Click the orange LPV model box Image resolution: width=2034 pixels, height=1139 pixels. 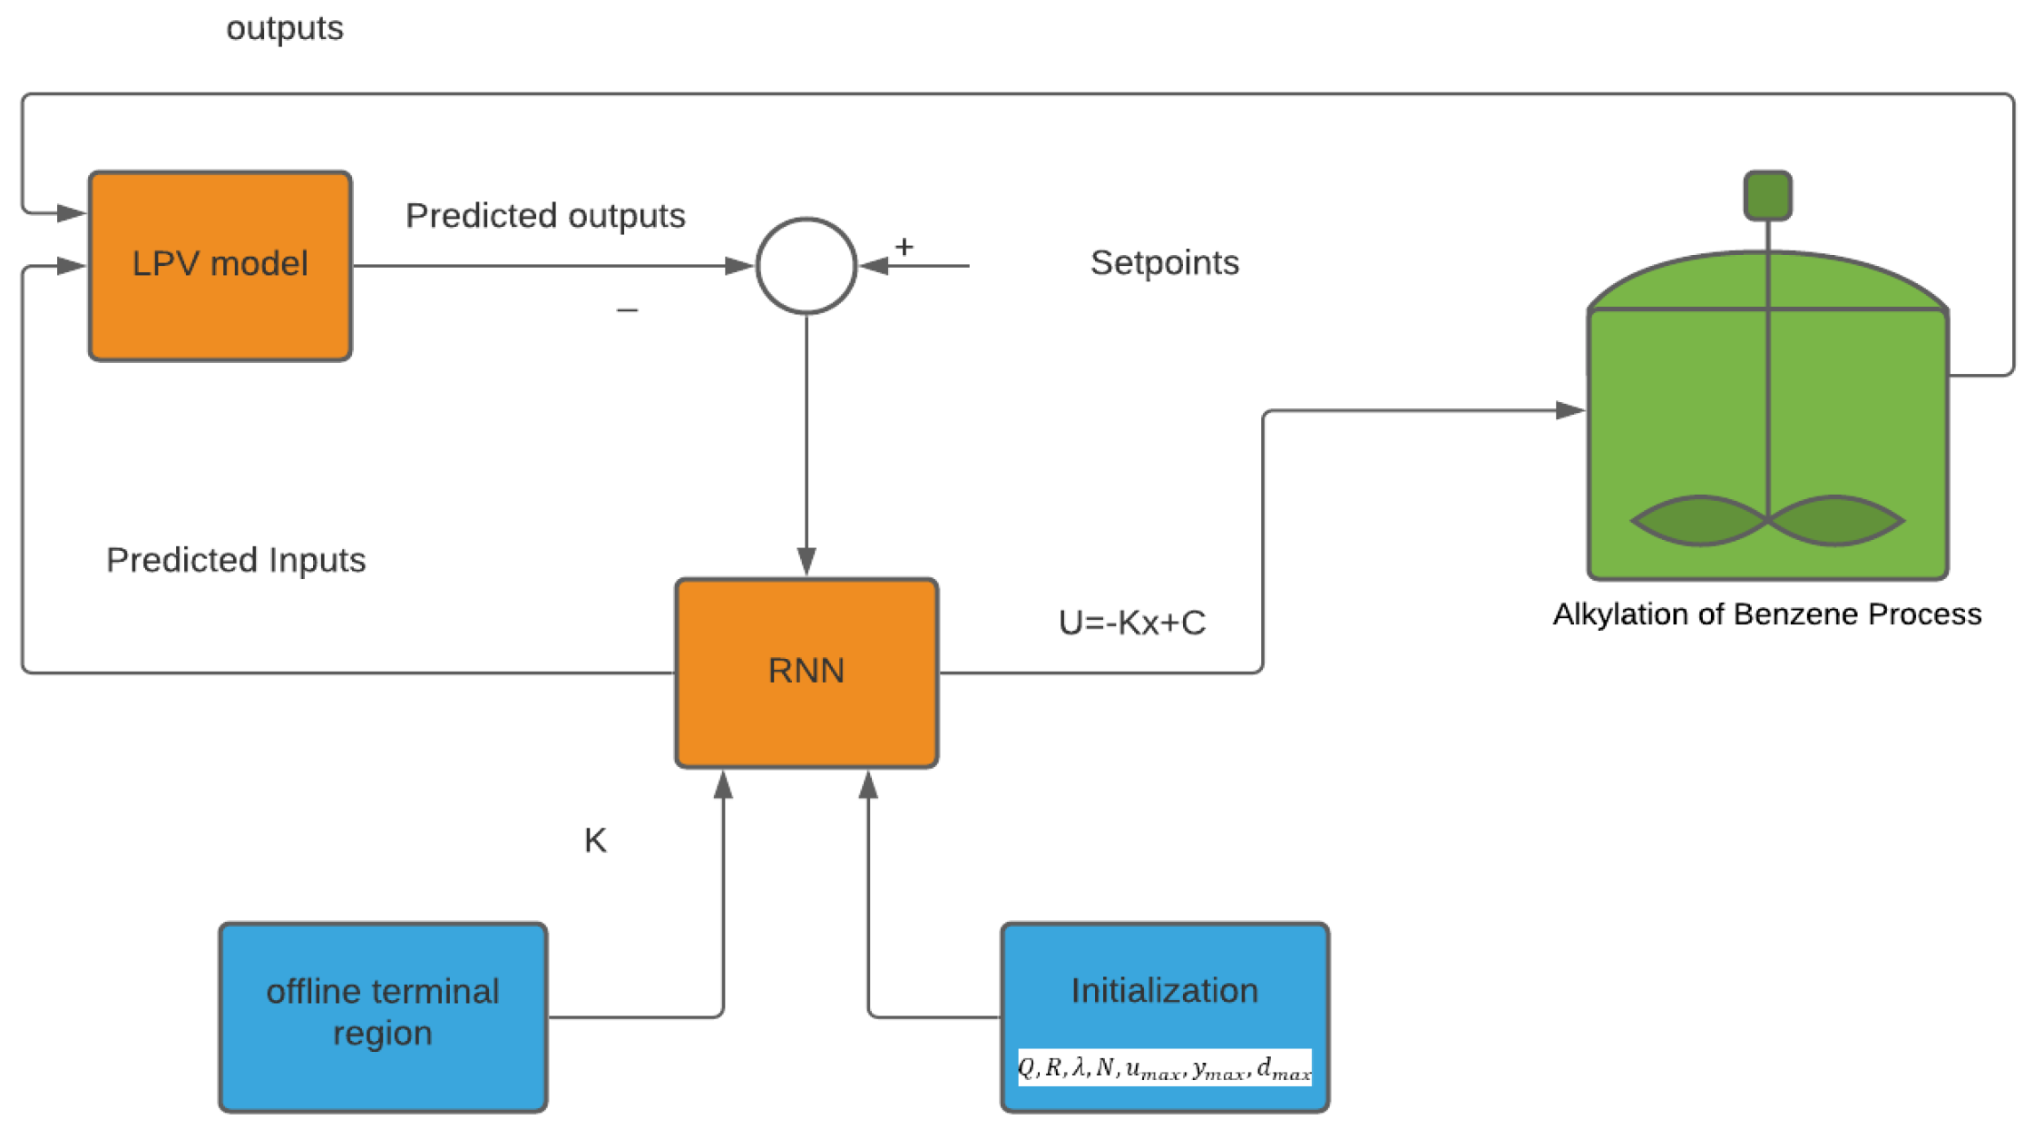[x=220, y=265]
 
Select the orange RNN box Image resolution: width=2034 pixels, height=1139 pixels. [x=806, y=672]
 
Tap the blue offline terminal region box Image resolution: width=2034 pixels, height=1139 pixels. [x=382, y=1016]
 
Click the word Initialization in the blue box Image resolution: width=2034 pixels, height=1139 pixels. [x=1164, y=990]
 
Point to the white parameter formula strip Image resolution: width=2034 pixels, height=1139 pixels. [x=1164, y=1067]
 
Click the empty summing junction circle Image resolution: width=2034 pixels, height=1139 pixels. [x=806, y=265]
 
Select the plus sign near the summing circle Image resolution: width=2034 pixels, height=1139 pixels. [x=904, y=247]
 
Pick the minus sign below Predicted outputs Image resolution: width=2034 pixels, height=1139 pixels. [x=627, y=310]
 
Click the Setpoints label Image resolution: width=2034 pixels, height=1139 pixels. [x=1164, y=263]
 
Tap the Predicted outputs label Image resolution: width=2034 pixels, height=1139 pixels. [x=544, y=216]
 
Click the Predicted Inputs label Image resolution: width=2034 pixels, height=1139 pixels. [x=236, y=560]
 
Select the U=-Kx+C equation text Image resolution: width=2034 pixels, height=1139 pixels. [x=1131, y=623]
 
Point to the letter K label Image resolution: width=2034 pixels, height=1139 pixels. [x=595, y=840]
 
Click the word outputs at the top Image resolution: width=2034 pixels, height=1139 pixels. [x=284, y=28]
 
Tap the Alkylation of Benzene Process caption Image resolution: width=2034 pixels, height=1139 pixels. [x=1766, y=614]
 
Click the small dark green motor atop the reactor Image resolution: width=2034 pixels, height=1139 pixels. [x=1767, y=195]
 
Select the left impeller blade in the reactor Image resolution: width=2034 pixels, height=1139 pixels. [x=1699, y=520]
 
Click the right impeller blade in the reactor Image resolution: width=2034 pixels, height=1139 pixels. [x=1835, y=520]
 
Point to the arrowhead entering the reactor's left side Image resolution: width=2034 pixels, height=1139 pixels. [x=1570, y=410]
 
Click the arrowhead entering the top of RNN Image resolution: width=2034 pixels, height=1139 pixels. [x=806, y=561]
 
